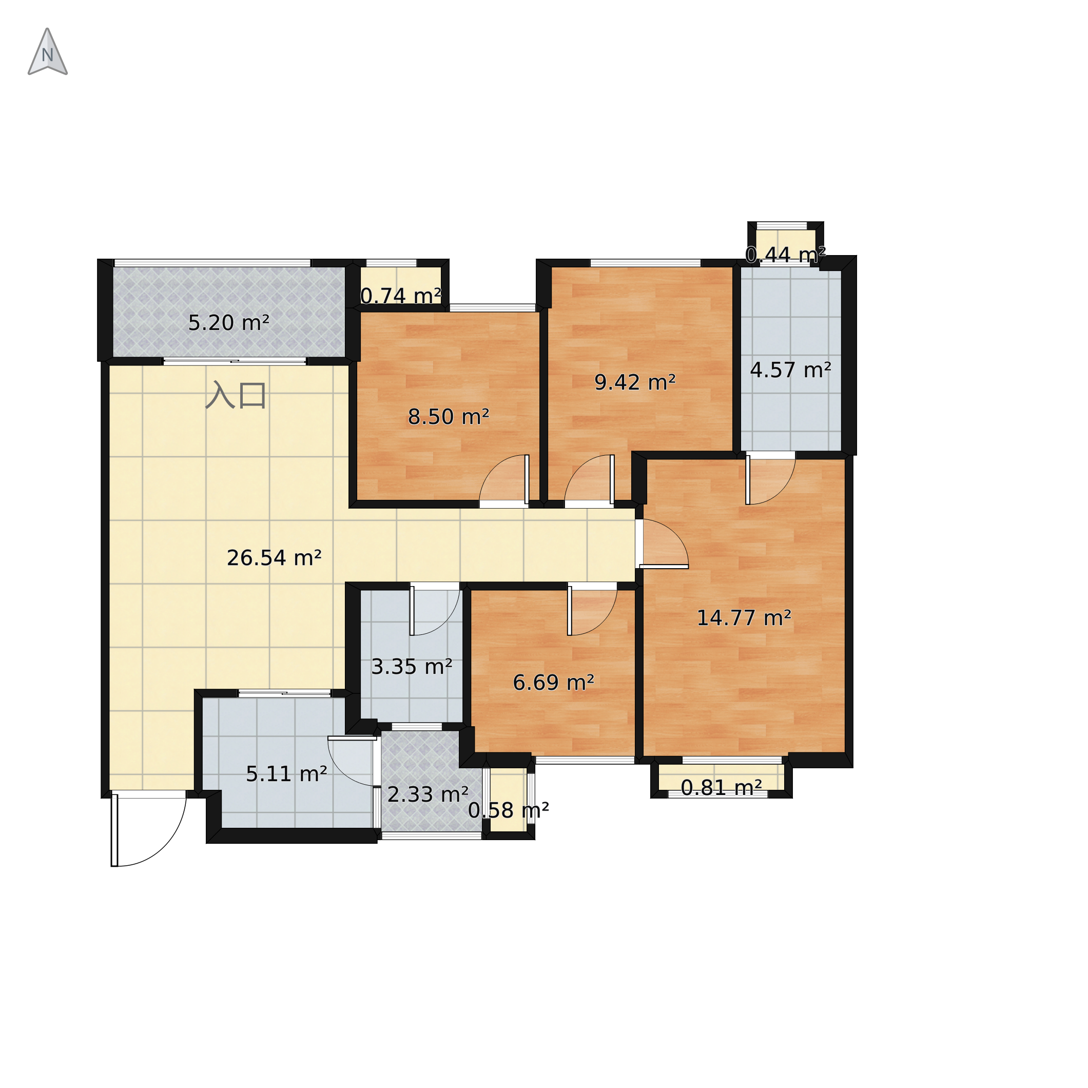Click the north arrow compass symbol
coord(48,52)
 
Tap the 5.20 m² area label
coord(229,323)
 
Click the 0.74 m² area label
coord(400,296)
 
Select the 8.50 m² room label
coord(448,417)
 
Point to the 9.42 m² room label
coord(635,383)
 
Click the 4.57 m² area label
coord(791,371)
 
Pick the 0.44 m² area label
coord(786,255)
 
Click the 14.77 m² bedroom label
coord(744,619)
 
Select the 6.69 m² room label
coord(554,683)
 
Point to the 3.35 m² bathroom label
coord(412,667)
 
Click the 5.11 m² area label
coord(287,775)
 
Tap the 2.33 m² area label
coord(428,795)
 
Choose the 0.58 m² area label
coord(509,811)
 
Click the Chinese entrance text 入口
coord(236,395)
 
